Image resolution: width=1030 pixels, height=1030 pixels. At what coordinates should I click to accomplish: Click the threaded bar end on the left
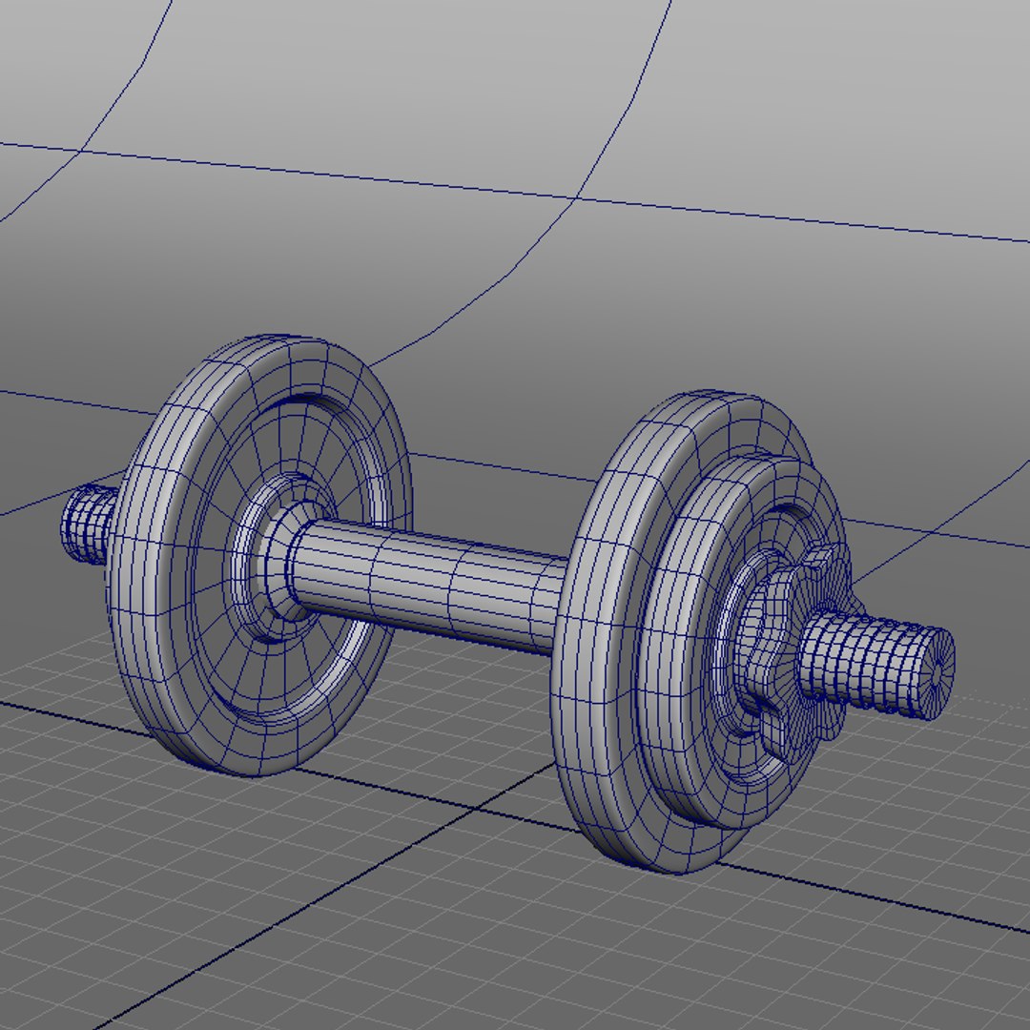click(x=88, y=525)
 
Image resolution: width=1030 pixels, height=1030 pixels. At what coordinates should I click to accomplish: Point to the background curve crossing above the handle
click(x=575, y=198)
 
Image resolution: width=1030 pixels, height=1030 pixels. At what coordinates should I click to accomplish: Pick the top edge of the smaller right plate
click(x=753, y=463)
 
